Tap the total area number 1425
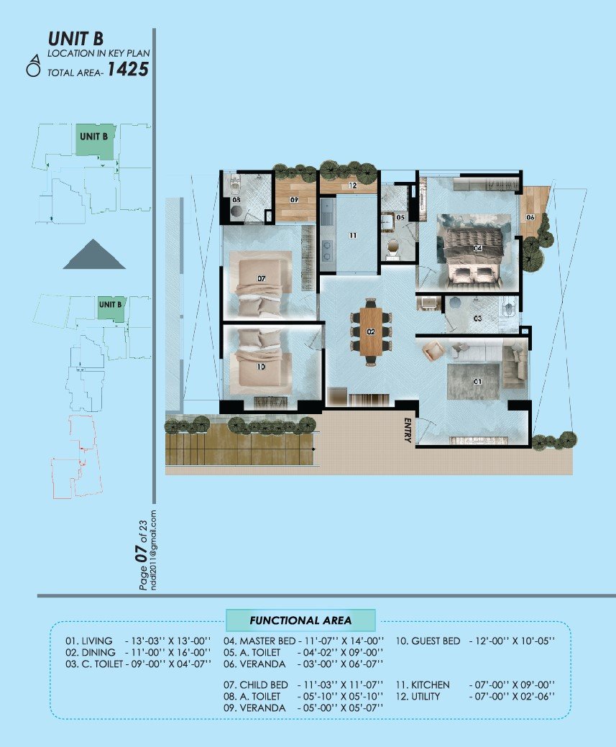click(129, 70)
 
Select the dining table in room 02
click(371, 331)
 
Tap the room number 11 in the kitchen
click(353, 235)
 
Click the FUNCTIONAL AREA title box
click(300, 620)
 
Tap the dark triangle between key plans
click(94, 255)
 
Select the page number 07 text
click(142, 554)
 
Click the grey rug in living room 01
click(472, 380)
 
